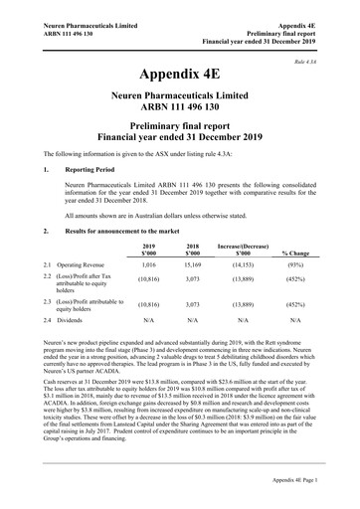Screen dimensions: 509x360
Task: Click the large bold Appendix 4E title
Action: click(179, 75)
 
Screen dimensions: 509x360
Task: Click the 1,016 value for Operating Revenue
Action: click(149, 267)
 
